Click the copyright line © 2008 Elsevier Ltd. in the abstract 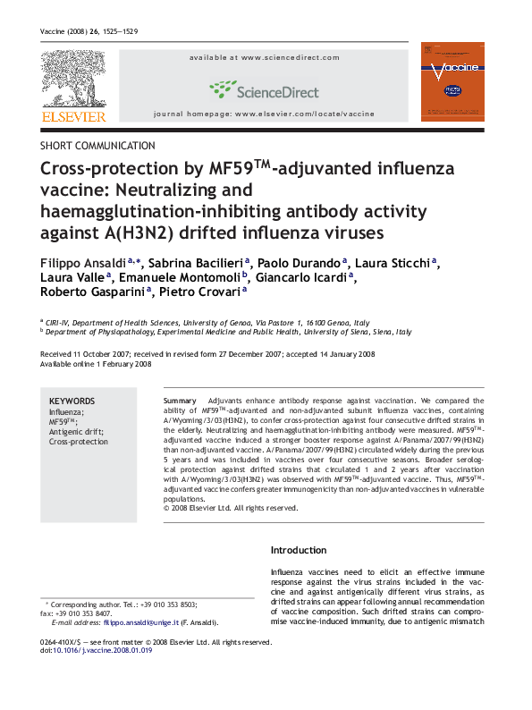click(230, 508)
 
